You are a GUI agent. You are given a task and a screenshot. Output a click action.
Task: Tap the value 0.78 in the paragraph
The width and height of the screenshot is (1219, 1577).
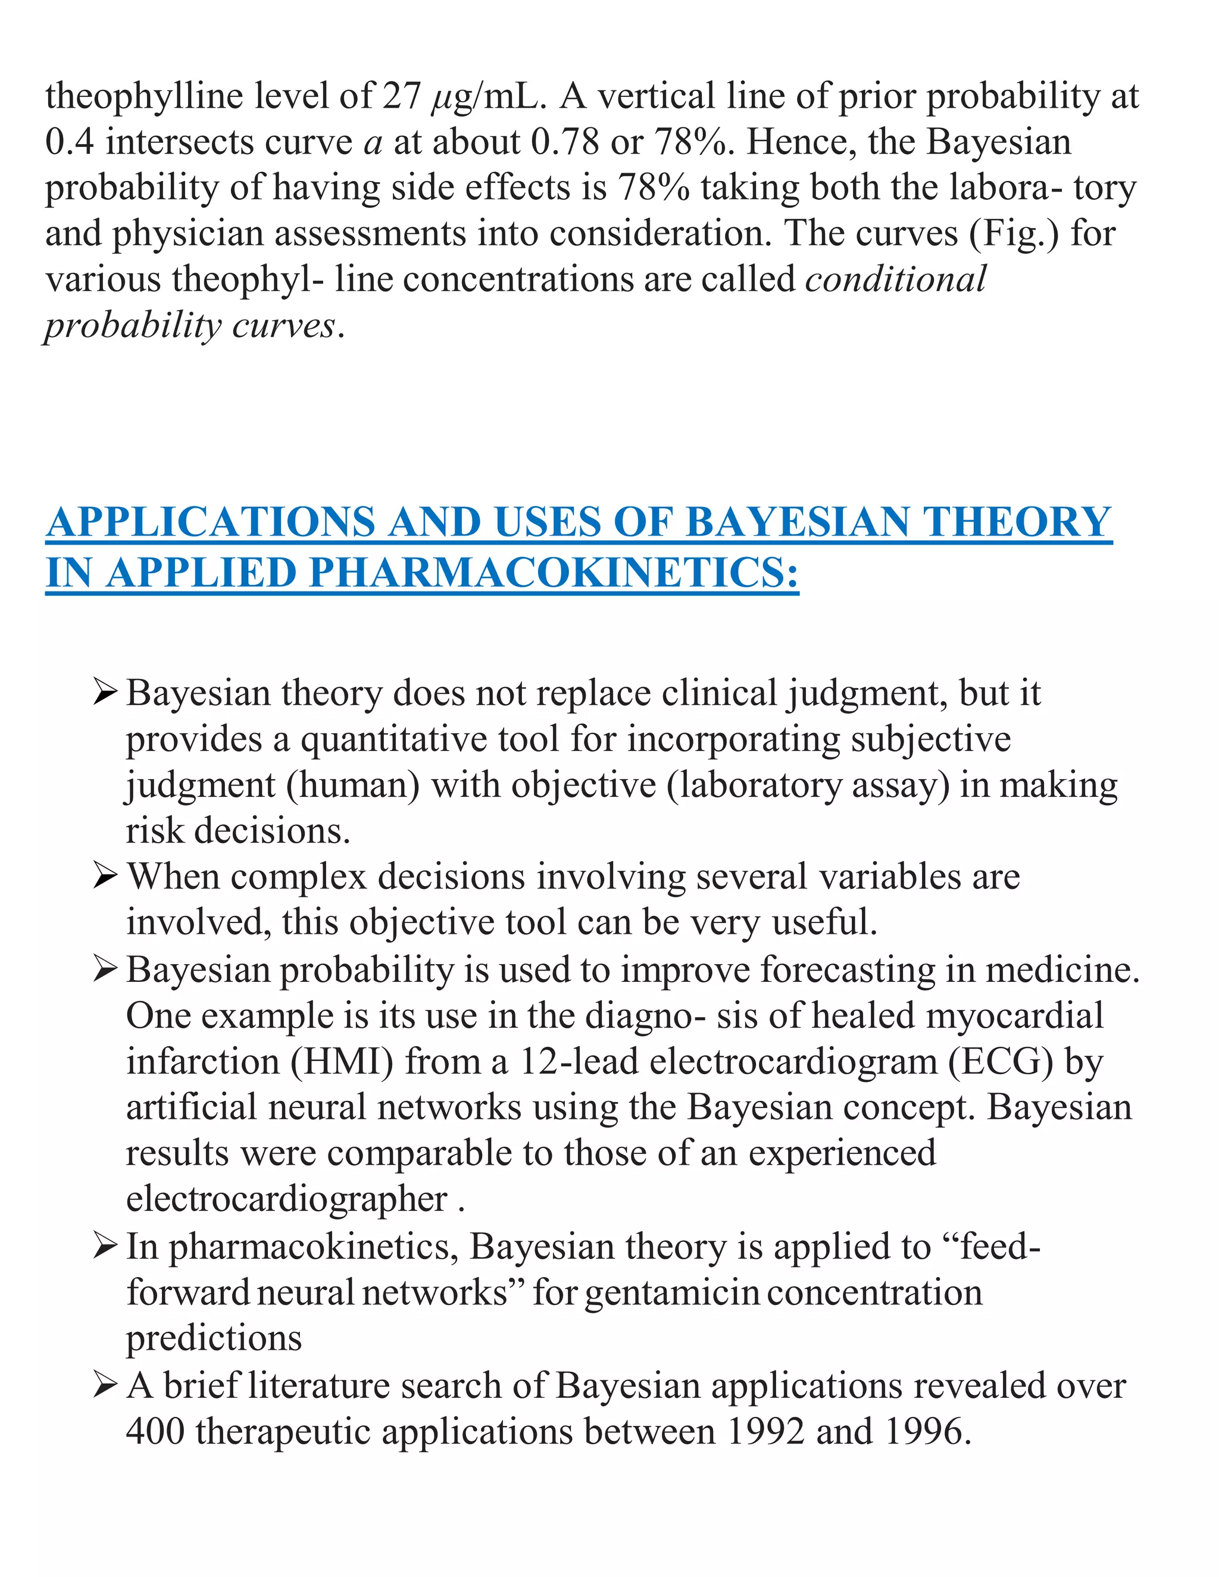pyautogui.click(x=565, y=142)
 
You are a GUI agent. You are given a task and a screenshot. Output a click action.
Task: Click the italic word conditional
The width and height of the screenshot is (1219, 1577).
pyautogui.click(x=895, y=280)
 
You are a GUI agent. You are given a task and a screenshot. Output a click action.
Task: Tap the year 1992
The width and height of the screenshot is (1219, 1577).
pyautogui.click(x=765, y=1432)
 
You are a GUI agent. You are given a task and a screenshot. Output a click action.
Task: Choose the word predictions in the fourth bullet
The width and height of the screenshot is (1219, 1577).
pyautogui.click(x=214, y=1339)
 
